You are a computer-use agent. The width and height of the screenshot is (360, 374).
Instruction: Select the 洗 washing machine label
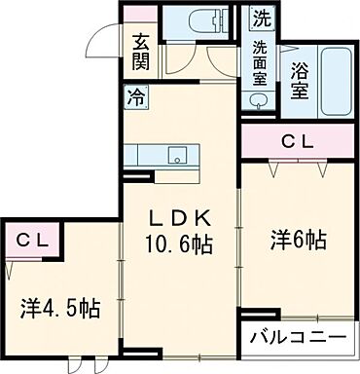(x=260, y=18)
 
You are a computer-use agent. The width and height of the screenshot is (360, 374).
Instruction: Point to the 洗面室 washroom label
(x=260, y=65)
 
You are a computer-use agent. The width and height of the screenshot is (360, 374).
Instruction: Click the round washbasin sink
(x=260, y=99)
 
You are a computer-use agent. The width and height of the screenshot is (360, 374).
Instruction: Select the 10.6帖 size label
(x=180, y=243)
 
